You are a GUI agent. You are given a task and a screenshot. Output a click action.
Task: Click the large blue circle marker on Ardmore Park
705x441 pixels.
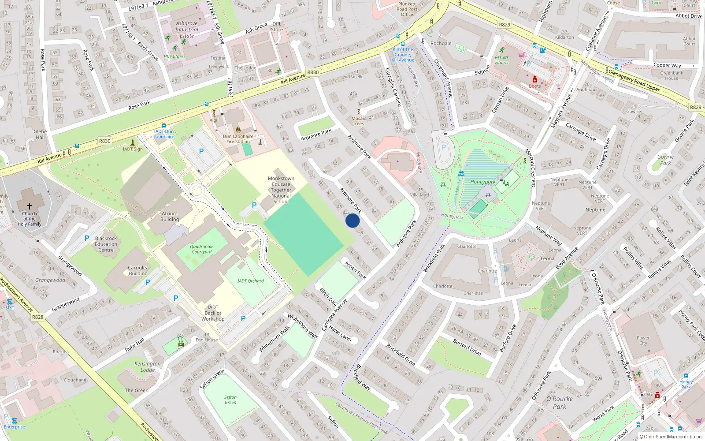(x=352, y=220)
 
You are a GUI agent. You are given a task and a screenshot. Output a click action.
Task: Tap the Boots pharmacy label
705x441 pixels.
(x=534, y=86)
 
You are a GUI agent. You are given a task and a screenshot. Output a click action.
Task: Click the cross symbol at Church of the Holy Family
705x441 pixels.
(x=30, y=206)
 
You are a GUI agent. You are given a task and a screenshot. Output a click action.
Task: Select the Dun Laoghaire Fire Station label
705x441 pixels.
(x=238, y=139)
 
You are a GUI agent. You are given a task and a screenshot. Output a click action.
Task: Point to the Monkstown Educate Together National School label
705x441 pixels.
(x=281, y=190)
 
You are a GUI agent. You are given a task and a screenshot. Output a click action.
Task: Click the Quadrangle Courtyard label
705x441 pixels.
(x=202, y=249)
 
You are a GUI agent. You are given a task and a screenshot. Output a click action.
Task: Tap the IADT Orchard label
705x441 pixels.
(x=250, y=281)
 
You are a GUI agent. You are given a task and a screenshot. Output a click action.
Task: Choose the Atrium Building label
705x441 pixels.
(x=170, y=216)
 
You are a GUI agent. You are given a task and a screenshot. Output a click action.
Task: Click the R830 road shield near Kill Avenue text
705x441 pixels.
(x=313, y=72)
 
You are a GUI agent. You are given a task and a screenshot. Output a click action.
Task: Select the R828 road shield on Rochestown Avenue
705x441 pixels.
(x=38, y=317)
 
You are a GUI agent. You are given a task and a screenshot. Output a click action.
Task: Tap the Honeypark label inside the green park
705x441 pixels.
(x=482, y=182)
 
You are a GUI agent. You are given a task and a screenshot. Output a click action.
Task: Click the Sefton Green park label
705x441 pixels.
(x=230, y=400)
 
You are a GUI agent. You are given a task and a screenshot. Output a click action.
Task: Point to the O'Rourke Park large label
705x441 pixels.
(x=560, y=402)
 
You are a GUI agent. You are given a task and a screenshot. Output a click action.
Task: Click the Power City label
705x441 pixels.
(x=643, y=340)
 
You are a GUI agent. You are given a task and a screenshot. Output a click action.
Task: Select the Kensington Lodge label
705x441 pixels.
(x=148, y=366)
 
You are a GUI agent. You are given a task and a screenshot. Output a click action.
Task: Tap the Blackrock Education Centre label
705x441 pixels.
(x=106, y=244)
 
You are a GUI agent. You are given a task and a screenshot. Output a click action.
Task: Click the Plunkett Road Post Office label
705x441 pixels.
(x=407, y=9)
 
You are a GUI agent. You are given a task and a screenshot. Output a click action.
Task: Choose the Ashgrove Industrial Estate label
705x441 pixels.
(x=187, y=30)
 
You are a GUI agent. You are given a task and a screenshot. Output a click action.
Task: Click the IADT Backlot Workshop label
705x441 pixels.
(x=213, y=313)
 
